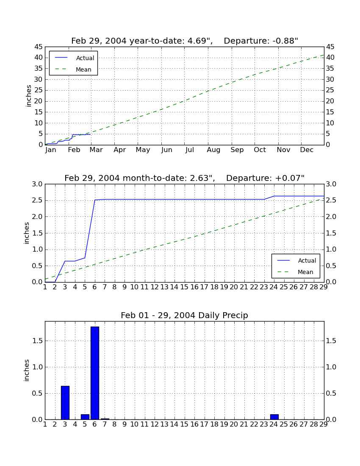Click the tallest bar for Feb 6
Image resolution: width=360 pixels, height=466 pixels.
pos(95,373)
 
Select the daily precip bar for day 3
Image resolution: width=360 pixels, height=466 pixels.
pos(65,403)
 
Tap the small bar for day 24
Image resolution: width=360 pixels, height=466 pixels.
pos(274,417)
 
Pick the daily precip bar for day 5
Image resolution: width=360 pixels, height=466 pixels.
pos(85,417)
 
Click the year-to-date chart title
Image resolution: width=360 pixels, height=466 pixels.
pos(185,41)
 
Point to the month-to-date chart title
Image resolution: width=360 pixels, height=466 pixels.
pos(185,178)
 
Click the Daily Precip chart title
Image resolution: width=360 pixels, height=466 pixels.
pos(185,315)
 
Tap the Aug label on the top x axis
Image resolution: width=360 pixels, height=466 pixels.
pos(213,150)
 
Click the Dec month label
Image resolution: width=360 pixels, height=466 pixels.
pos(307,150)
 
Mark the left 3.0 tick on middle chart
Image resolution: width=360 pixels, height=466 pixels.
pos(37,184)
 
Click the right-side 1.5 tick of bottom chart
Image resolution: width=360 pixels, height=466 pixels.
pos(331,341)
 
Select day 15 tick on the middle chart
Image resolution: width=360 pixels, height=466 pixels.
pos(185,287)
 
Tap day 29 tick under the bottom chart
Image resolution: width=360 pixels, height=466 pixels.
pos(324,424)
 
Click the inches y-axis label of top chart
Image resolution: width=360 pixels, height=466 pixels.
pos(28,96)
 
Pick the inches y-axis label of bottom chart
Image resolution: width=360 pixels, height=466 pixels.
pos(26,370)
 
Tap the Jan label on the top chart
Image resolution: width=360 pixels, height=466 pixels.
pos(51,150)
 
